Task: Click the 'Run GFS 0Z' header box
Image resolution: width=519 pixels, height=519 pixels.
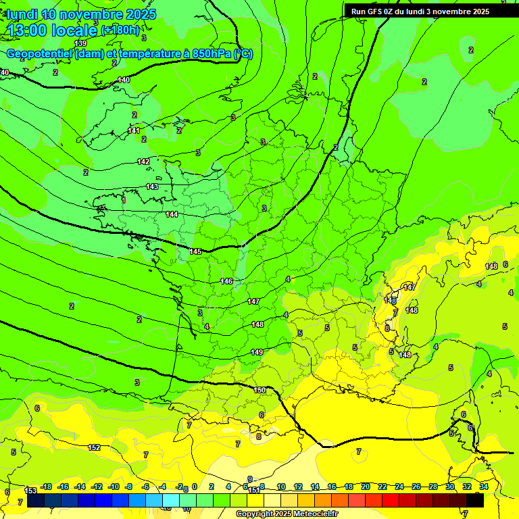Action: coord(420,11)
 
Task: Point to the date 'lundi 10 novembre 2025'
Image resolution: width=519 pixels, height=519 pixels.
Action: coord(81,14)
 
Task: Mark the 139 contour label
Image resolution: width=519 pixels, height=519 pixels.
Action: coord(80,43)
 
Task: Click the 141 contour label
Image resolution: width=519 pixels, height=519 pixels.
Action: coord(134,130)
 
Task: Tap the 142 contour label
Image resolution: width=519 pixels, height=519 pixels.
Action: coord(143,162)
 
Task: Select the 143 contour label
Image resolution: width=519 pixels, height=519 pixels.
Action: coord(152,187)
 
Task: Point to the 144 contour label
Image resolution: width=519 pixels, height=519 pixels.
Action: coord(172,214)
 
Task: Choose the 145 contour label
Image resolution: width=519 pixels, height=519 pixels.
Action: coord(195,251)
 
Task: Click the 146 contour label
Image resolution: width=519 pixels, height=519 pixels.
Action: coord(226,281)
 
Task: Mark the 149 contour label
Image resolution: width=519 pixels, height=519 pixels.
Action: coord(257,352)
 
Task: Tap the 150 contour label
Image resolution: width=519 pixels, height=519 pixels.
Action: coord(259,390)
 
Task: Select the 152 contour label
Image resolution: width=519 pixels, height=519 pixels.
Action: coord(94,447)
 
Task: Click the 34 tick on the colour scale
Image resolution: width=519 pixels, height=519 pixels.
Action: coord(484,487)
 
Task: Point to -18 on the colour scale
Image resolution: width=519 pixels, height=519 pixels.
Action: coord(46,487)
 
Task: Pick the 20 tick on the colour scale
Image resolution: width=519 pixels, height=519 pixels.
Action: coord(366,487)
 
